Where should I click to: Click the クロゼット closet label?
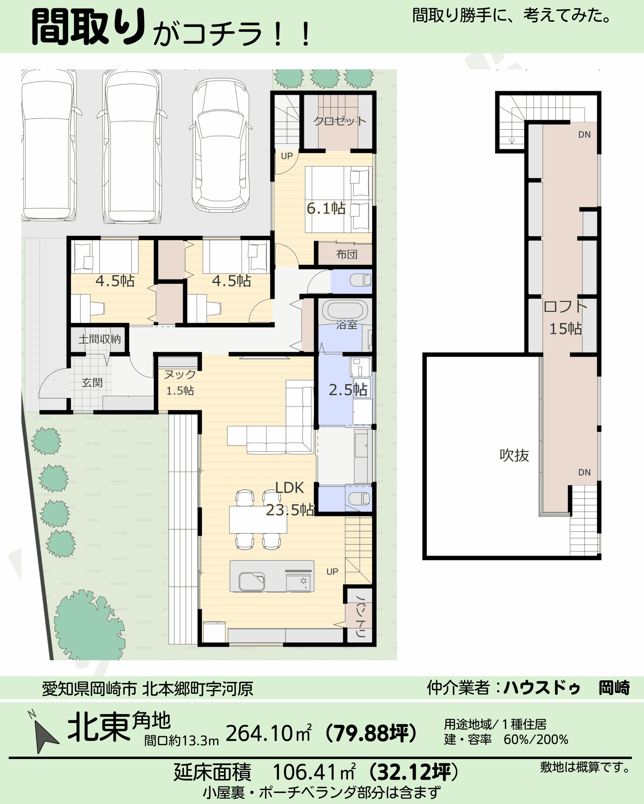point(339,121)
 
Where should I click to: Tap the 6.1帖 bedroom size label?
point(326,208)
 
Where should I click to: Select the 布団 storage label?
point(347,254)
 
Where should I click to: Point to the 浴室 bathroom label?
point(347,324)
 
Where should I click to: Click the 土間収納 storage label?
point(99,339)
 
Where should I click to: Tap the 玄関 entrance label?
point(92,383)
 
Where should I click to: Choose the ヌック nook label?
point(180,374)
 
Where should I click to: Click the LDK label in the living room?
point(289,488)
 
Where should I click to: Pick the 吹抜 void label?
point(514,455)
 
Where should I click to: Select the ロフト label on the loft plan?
point(565,307)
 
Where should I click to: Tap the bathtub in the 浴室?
point(345,310)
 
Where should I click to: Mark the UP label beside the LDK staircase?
point(332,572)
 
